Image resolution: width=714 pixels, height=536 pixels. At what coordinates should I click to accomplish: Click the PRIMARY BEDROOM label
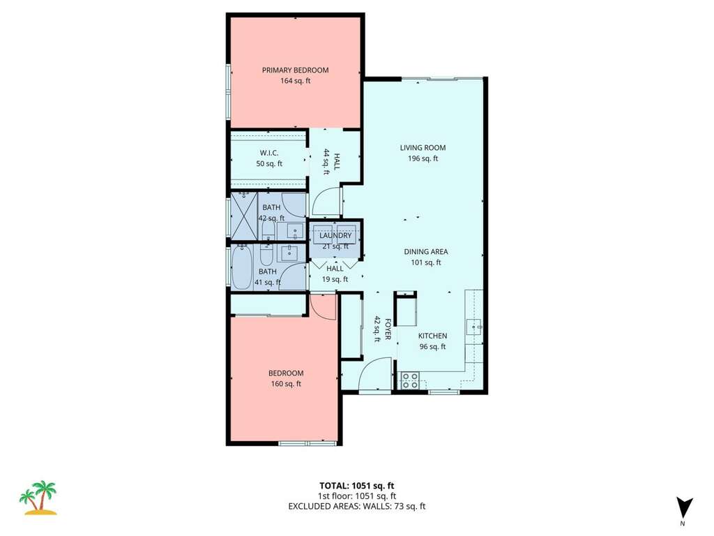[x=295, y=70]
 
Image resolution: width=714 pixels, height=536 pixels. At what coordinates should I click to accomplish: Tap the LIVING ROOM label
[x=423, y=148]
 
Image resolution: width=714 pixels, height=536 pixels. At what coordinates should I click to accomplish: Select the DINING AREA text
[x=426, y=251]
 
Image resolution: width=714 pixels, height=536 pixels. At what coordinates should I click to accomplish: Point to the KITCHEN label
[x=432, y=336]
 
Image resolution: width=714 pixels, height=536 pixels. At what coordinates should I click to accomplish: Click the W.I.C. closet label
[x=269, y=153]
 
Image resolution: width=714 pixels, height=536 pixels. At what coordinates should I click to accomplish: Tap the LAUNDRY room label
[x=335, y=236]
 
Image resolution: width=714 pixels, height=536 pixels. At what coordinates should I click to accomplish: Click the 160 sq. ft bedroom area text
[x=286, y=384]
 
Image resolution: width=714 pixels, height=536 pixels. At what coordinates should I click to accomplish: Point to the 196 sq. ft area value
[x=423, y=158]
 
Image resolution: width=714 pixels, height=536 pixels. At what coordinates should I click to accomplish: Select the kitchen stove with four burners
[x=410, y=381]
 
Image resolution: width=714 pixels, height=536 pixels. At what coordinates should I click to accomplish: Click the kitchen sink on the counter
[x=474, y=327]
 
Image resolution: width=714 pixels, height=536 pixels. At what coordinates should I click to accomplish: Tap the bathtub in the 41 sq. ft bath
[x=241, y=267]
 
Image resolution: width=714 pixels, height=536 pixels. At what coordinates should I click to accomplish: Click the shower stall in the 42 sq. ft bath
[x=245, y=216]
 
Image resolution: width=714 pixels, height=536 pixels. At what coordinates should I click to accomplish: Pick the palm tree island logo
[x=38, y=497]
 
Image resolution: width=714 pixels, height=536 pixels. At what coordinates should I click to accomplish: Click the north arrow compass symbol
[x=684, y=509]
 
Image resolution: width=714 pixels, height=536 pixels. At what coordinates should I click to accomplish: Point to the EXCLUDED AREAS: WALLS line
[x=357, y=506]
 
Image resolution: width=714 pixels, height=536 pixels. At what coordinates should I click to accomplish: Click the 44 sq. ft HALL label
[x=331, y=161]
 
